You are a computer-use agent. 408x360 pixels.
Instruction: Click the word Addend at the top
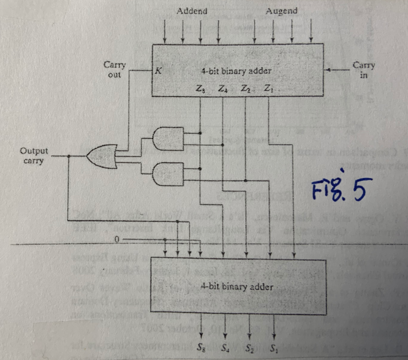(x=191, y=11)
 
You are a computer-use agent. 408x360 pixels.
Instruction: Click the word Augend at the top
(x=282, y=11)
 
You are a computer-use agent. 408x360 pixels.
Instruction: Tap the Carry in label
(x=364, y=69)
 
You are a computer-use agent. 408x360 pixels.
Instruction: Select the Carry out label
(x=114, y=69)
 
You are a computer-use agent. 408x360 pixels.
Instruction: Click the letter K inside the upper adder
(x=158, y=71)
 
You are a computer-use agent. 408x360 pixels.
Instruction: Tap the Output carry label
(x=33, y=155)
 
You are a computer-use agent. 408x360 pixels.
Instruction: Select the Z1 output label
(x=268, y=89)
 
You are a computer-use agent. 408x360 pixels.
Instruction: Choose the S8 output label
(x=200, y=350)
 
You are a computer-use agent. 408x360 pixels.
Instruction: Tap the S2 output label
(x=249, y=350)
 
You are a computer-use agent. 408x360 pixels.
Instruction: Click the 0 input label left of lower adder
(x=117, y=240)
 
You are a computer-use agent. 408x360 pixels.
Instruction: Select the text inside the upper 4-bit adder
(x=236, y=71)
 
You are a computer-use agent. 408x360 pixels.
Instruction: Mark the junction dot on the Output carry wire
(x=68, y=156)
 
